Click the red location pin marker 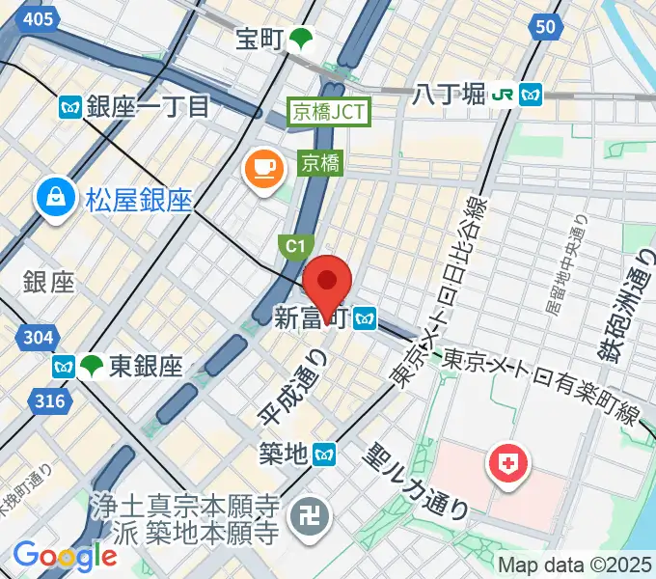(x=327, y=281)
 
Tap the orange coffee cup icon (x=263, y=170)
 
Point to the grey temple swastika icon (x=315, y=517)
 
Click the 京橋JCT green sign (x=329, y=112)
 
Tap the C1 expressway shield (x=293, y=248)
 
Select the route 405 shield (x=39, y=18)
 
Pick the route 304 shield (x=38, y=337)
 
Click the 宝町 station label (x=260, y=40)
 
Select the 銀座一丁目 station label (x=147, y=105)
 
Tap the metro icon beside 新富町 (x=365, y=317)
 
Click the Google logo (x=66, y=556)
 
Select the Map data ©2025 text (x=575, y=565)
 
